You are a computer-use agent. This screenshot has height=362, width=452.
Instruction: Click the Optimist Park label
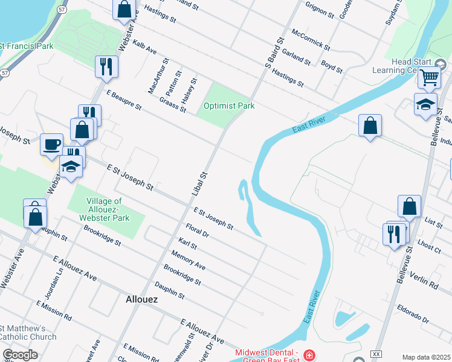(x=228, y=106)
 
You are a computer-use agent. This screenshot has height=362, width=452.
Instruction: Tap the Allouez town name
(x=141, y=299)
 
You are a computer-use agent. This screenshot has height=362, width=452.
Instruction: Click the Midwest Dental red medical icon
(x=309, y=354)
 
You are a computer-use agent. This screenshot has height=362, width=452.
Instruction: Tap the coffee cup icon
(x=52, y=144)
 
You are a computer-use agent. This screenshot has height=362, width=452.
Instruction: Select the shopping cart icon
(x=429, y=77)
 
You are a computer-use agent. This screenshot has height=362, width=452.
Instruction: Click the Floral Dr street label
(x=197, y=230)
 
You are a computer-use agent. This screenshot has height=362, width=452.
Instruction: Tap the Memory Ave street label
(x=188, y=260)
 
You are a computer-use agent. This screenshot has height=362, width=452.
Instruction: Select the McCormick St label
(x=310, y=40)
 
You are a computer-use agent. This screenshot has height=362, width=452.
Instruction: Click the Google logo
(x=20, y=355)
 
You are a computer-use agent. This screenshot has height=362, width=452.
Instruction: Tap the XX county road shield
(x=376, y=354)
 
